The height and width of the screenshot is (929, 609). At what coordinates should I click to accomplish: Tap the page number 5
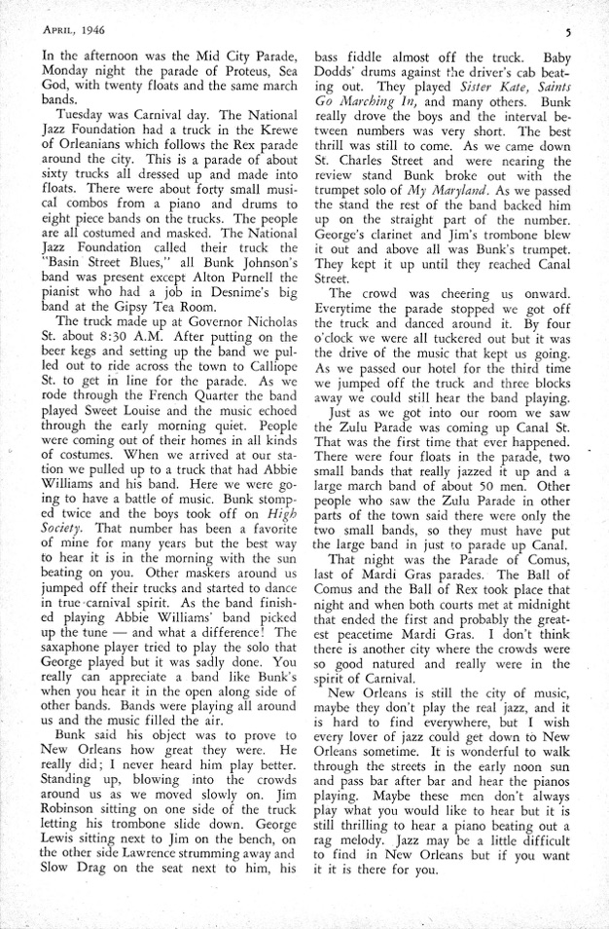point(566,30)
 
